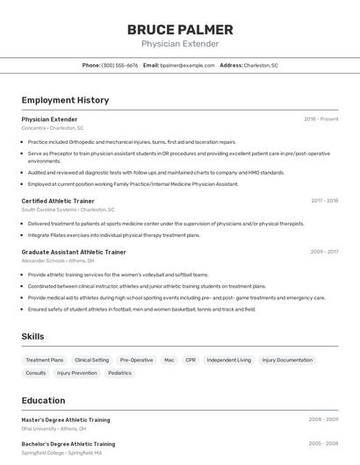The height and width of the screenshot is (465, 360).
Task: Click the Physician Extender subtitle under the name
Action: click(x=180, y=44)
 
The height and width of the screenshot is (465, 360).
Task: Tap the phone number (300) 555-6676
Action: click(x=119, y=65)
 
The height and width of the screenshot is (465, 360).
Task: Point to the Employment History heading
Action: click(x=65, y=100)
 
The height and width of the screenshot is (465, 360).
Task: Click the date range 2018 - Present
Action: click(x=320, y=118)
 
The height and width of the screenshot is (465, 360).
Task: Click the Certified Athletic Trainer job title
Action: click(x=58, y=201)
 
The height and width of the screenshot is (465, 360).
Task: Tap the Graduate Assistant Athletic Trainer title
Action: click(x=74, y=252)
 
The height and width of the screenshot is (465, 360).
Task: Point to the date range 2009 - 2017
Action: click(x=324, y=252)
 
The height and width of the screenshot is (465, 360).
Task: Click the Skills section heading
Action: click(x=32, y=336)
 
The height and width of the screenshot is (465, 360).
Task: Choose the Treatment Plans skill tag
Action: click(x=44, y=360)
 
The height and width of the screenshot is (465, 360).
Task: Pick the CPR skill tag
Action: click(x=191, y=360)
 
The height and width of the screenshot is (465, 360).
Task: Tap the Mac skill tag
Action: click(x=169, y=360)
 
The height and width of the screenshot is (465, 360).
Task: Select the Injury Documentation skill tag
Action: click(x=287, y=360)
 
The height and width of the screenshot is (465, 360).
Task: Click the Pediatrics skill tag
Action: click(x=119, y=373)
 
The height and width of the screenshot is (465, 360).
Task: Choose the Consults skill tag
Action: click(x=36, y=373)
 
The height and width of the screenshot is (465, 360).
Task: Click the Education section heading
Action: click(x=43, y=400)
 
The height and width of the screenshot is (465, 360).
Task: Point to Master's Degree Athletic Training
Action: click(x=66, y=419)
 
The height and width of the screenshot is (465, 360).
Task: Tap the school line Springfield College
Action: click(x=61, y=453)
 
